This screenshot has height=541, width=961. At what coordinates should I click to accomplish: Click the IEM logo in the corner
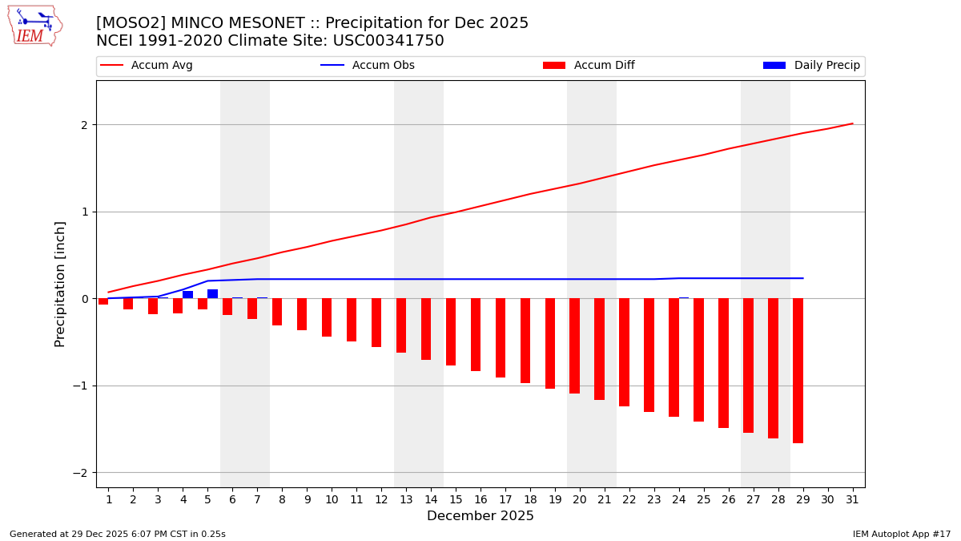pos(34,26)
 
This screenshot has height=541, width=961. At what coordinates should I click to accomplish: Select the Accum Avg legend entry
pos(147,66)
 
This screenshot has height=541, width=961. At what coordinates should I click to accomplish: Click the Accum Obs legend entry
pos(368,66)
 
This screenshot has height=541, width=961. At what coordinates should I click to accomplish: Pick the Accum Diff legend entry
pos(589,66)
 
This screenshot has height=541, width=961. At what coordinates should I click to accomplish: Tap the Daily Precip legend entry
pos(811,66)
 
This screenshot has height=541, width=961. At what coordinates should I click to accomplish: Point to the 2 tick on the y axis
pos(82,125)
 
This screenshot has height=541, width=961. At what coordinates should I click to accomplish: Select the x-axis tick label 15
pos(456,499)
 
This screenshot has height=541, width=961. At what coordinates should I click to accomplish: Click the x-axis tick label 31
pos(852,499)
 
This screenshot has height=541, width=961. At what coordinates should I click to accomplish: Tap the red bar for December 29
pos(798,370)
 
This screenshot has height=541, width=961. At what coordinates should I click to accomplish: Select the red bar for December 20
pos(574,345)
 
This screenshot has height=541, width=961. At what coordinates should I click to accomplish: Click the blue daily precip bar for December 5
pos(212,294)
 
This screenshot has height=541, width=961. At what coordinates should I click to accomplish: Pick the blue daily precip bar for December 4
pos(188,295)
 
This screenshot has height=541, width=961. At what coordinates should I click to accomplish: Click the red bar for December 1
pos(103,301)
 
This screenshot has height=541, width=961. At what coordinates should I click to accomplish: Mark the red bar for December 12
pos(376,322)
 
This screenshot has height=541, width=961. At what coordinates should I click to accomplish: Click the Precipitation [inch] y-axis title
pos(60,284)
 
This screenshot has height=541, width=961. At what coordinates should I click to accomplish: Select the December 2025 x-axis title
pos(480,516)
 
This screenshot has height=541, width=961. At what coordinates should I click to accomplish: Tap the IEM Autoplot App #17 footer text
pos(901,534)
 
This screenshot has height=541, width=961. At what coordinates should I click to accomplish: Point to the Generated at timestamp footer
pos(118,534)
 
